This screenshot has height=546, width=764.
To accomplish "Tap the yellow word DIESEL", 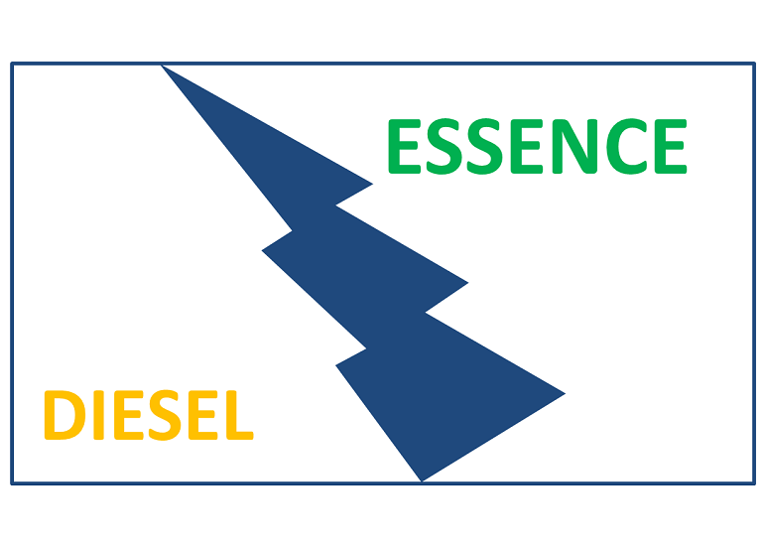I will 149,416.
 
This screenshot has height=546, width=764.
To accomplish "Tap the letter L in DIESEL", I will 239,416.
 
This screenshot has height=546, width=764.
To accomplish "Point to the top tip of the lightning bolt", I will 163,67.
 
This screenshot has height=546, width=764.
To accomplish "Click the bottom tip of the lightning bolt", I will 422,479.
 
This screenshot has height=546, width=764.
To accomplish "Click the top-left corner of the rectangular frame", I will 12,65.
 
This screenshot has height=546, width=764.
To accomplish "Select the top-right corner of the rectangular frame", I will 754,65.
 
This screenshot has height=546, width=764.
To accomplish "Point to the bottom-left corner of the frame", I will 12,483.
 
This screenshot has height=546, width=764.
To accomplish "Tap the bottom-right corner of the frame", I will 754,483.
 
